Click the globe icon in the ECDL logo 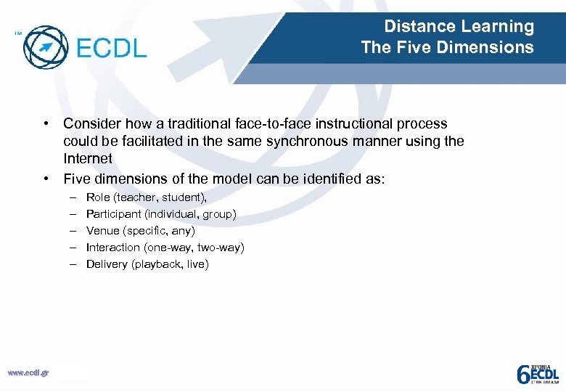[46, 47]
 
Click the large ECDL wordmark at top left [111, 48]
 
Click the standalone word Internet [88, 158]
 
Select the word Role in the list [98, 197]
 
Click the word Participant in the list [112, 213]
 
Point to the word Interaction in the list [112, 247]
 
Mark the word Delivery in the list [106, 264]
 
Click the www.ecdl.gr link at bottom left [28, 373]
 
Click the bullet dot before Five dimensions [46, 178]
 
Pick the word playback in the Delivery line [156, 264]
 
